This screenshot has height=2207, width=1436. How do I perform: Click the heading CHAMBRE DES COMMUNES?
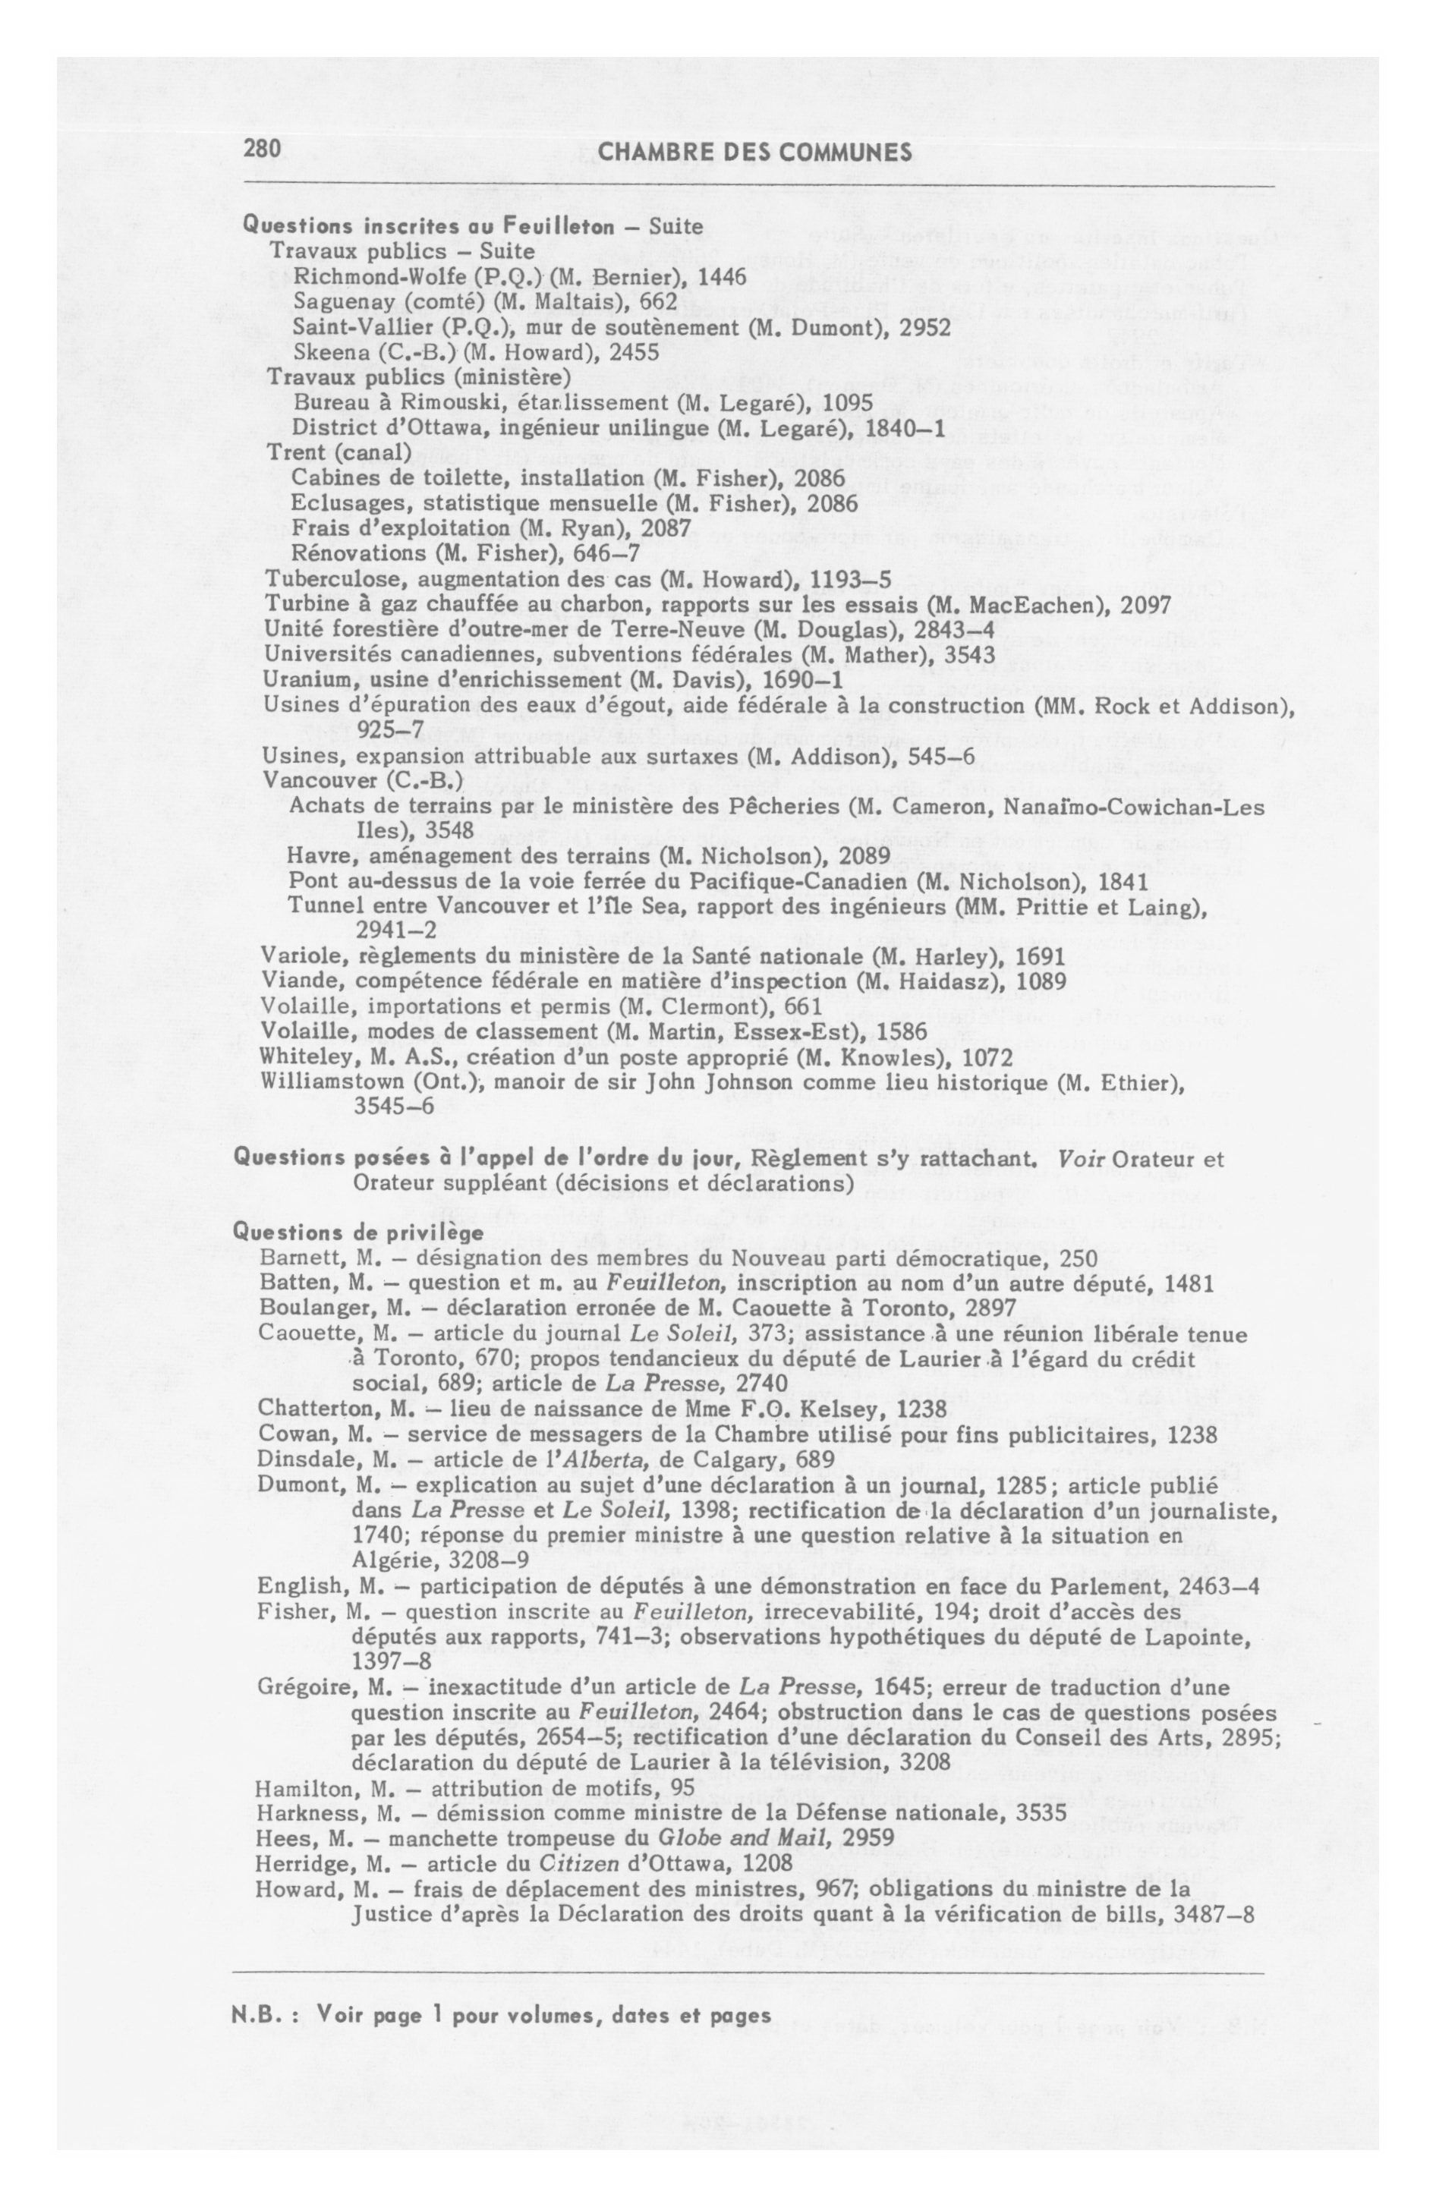pyautogui.click(x=755, y=152)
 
